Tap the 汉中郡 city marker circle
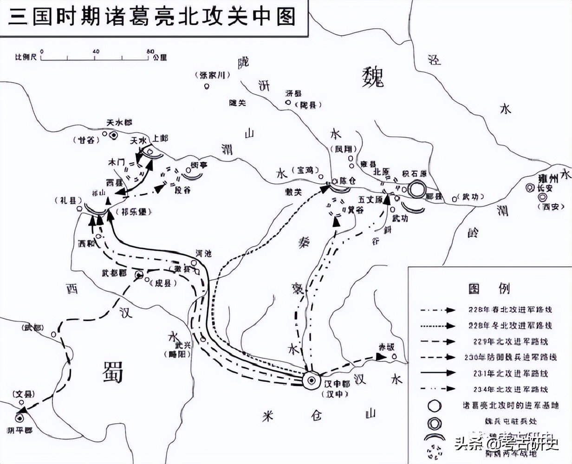(312, 380)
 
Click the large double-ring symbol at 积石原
(417, 190)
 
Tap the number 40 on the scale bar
(96, 51)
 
